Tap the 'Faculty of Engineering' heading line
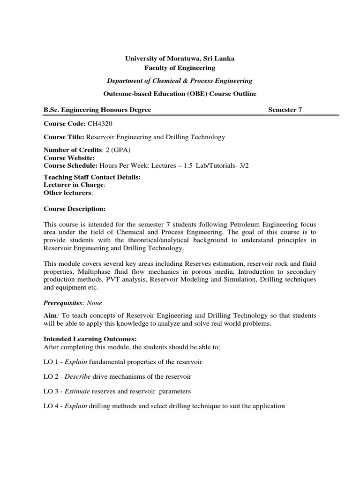point(180,68)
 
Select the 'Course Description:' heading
point(75,208)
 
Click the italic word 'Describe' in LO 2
point(77,377)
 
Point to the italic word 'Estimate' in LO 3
point(77,391)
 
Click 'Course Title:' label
point(63,137)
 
